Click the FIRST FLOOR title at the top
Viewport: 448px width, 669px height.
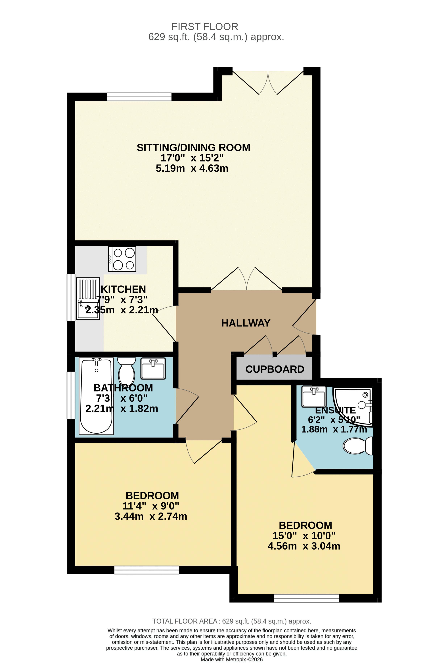[x=205, y=27]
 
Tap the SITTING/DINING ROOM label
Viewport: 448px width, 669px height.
[x=193, y=148]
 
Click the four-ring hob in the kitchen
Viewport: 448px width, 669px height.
[x=122, y=259]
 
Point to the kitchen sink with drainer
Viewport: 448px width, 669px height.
[x=88, y=299]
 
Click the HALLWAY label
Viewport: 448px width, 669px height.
[x=246, y=323]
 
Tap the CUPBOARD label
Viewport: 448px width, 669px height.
[x=275, y=369]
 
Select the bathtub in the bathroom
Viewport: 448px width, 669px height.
[x=96, y=396]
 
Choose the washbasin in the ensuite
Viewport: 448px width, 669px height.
[x=314, y=397]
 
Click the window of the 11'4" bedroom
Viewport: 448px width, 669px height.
[x=147, y=570]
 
